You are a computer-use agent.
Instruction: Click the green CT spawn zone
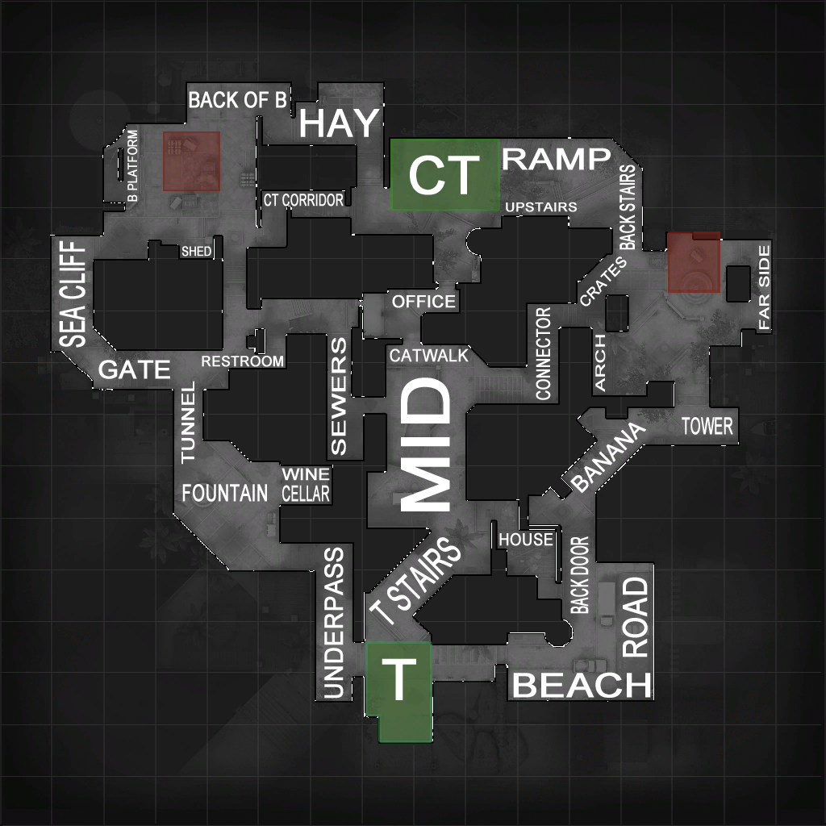coord(444,174)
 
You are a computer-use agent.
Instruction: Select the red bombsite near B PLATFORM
coord(192,161)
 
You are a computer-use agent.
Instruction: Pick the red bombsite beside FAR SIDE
coord(694,262)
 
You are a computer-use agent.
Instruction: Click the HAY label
coord(339,124)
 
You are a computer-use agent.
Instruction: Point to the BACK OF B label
coord(237,100)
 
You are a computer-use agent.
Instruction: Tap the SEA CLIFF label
coord(73,294)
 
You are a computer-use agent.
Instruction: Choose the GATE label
coord(135,370)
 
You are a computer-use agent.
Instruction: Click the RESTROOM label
coord(243,361)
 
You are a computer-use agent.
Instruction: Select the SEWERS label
coord(339,396)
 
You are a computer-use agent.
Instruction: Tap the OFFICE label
coord(423,302)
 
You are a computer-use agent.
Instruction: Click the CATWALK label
coord(428,355)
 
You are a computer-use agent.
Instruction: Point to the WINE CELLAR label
coord(306,484)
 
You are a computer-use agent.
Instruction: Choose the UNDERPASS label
coord(333,622)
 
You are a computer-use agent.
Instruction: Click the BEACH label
coord(582,686)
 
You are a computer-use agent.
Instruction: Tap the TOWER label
coord(707,426)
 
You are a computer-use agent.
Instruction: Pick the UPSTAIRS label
coord(540,207)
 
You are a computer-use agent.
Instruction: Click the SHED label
coord(196,252)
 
